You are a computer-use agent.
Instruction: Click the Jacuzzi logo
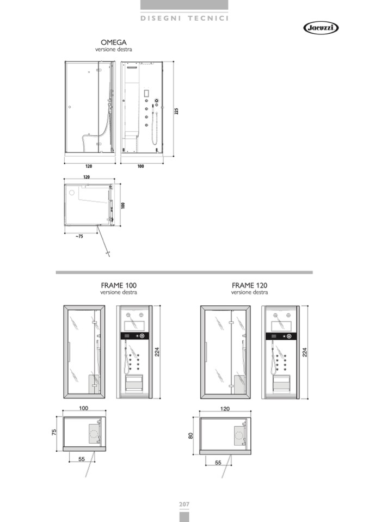tap(321, 28)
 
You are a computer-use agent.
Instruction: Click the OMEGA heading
tap(113, 42)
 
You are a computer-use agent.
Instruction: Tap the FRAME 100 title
tap(119, 285)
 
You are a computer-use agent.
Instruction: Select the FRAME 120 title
tap(249, 285)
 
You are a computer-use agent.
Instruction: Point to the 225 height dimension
tap(176, 111)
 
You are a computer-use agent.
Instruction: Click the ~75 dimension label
tap(79, 236)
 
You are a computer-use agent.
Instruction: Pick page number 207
tap(184, 505)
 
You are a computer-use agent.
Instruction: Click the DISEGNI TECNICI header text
tap(184, 19)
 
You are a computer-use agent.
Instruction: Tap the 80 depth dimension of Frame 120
tap(190, 435)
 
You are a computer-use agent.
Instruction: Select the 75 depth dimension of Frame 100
tap(54, 432)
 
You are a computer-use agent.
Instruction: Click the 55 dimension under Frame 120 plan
tap(218, 463)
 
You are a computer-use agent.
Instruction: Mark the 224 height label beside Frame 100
tap(157, 352)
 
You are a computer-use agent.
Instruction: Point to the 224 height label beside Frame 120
tap(304, 352)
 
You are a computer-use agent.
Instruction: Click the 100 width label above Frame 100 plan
tap(83, 408)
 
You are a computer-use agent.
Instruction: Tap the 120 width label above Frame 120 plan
tap(225, 409)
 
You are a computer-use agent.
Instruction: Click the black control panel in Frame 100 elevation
tap(134, 336)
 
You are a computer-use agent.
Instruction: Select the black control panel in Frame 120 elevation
tap(281, 336)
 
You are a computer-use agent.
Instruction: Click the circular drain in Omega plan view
tap(71, 193)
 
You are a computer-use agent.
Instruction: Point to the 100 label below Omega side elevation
tap(141, 166)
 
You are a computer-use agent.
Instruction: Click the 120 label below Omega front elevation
tap(89, 166)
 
